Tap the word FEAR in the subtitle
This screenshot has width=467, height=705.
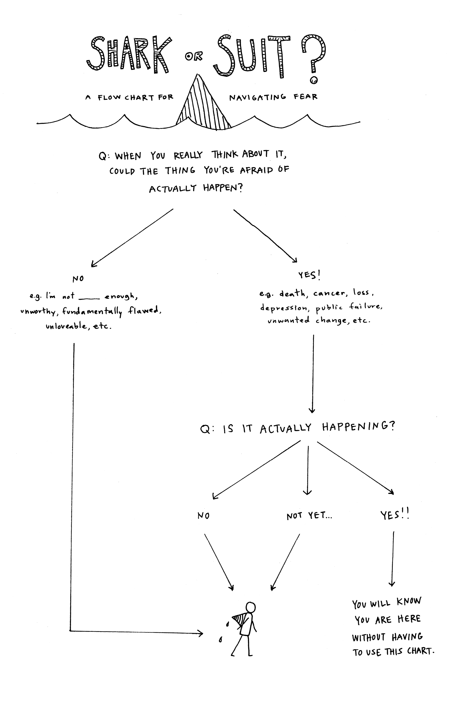tap(306, 97)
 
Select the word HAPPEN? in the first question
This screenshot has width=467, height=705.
tap(223, 188)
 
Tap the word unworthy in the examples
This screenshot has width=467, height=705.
tap(38, 311)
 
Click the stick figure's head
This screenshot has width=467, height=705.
tap(250, 607)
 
